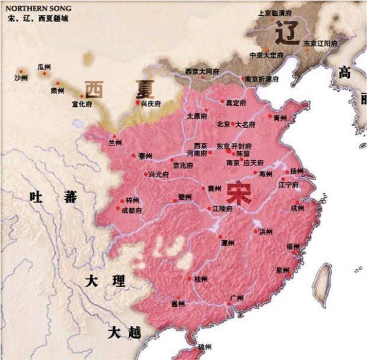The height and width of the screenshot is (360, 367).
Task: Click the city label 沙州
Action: [x=20, y=78]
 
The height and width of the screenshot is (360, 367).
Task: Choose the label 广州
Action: [x=236, y=298]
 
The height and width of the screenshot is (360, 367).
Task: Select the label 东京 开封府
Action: [x=235, y=146]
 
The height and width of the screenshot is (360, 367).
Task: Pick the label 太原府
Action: [x=198, y=116]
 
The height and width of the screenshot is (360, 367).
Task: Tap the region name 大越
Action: [x=124, y=333]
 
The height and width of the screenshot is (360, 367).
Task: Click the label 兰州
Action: [x=114, y=142]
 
